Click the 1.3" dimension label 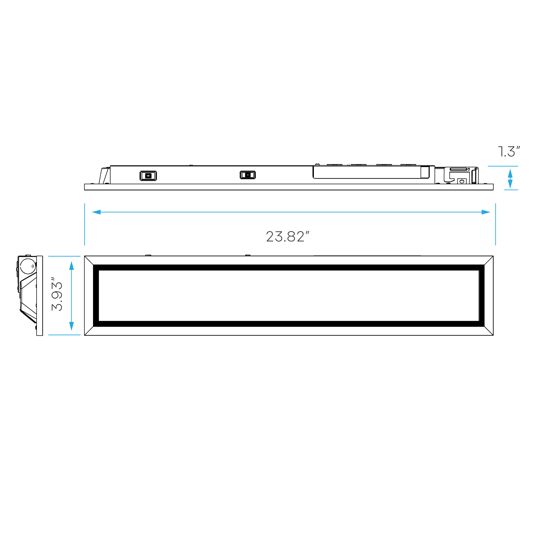(x=509, y=152)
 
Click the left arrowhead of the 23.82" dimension (x=96, y=212)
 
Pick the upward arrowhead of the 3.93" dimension (x=71, y=265)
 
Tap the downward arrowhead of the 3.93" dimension (x=71, y=326)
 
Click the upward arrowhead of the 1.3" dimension (x=510, y=173)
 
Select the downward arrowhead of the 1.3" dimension (x=510, y=184)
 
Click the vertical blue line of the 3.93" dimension (x=71, y=296)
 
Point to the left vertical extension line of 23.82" (x=84, y=224)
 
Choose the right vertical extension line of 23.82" (x=495, y=224)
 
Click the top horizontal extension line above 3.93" (x=64, y=256)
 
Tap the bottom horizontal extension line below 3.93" (x=64, y=335)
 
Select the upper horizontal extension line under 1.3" (x=503, y=166)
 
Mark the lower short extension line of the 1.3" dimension (x=511, y=190)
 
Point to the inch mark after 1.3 (x=518, y=148)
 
